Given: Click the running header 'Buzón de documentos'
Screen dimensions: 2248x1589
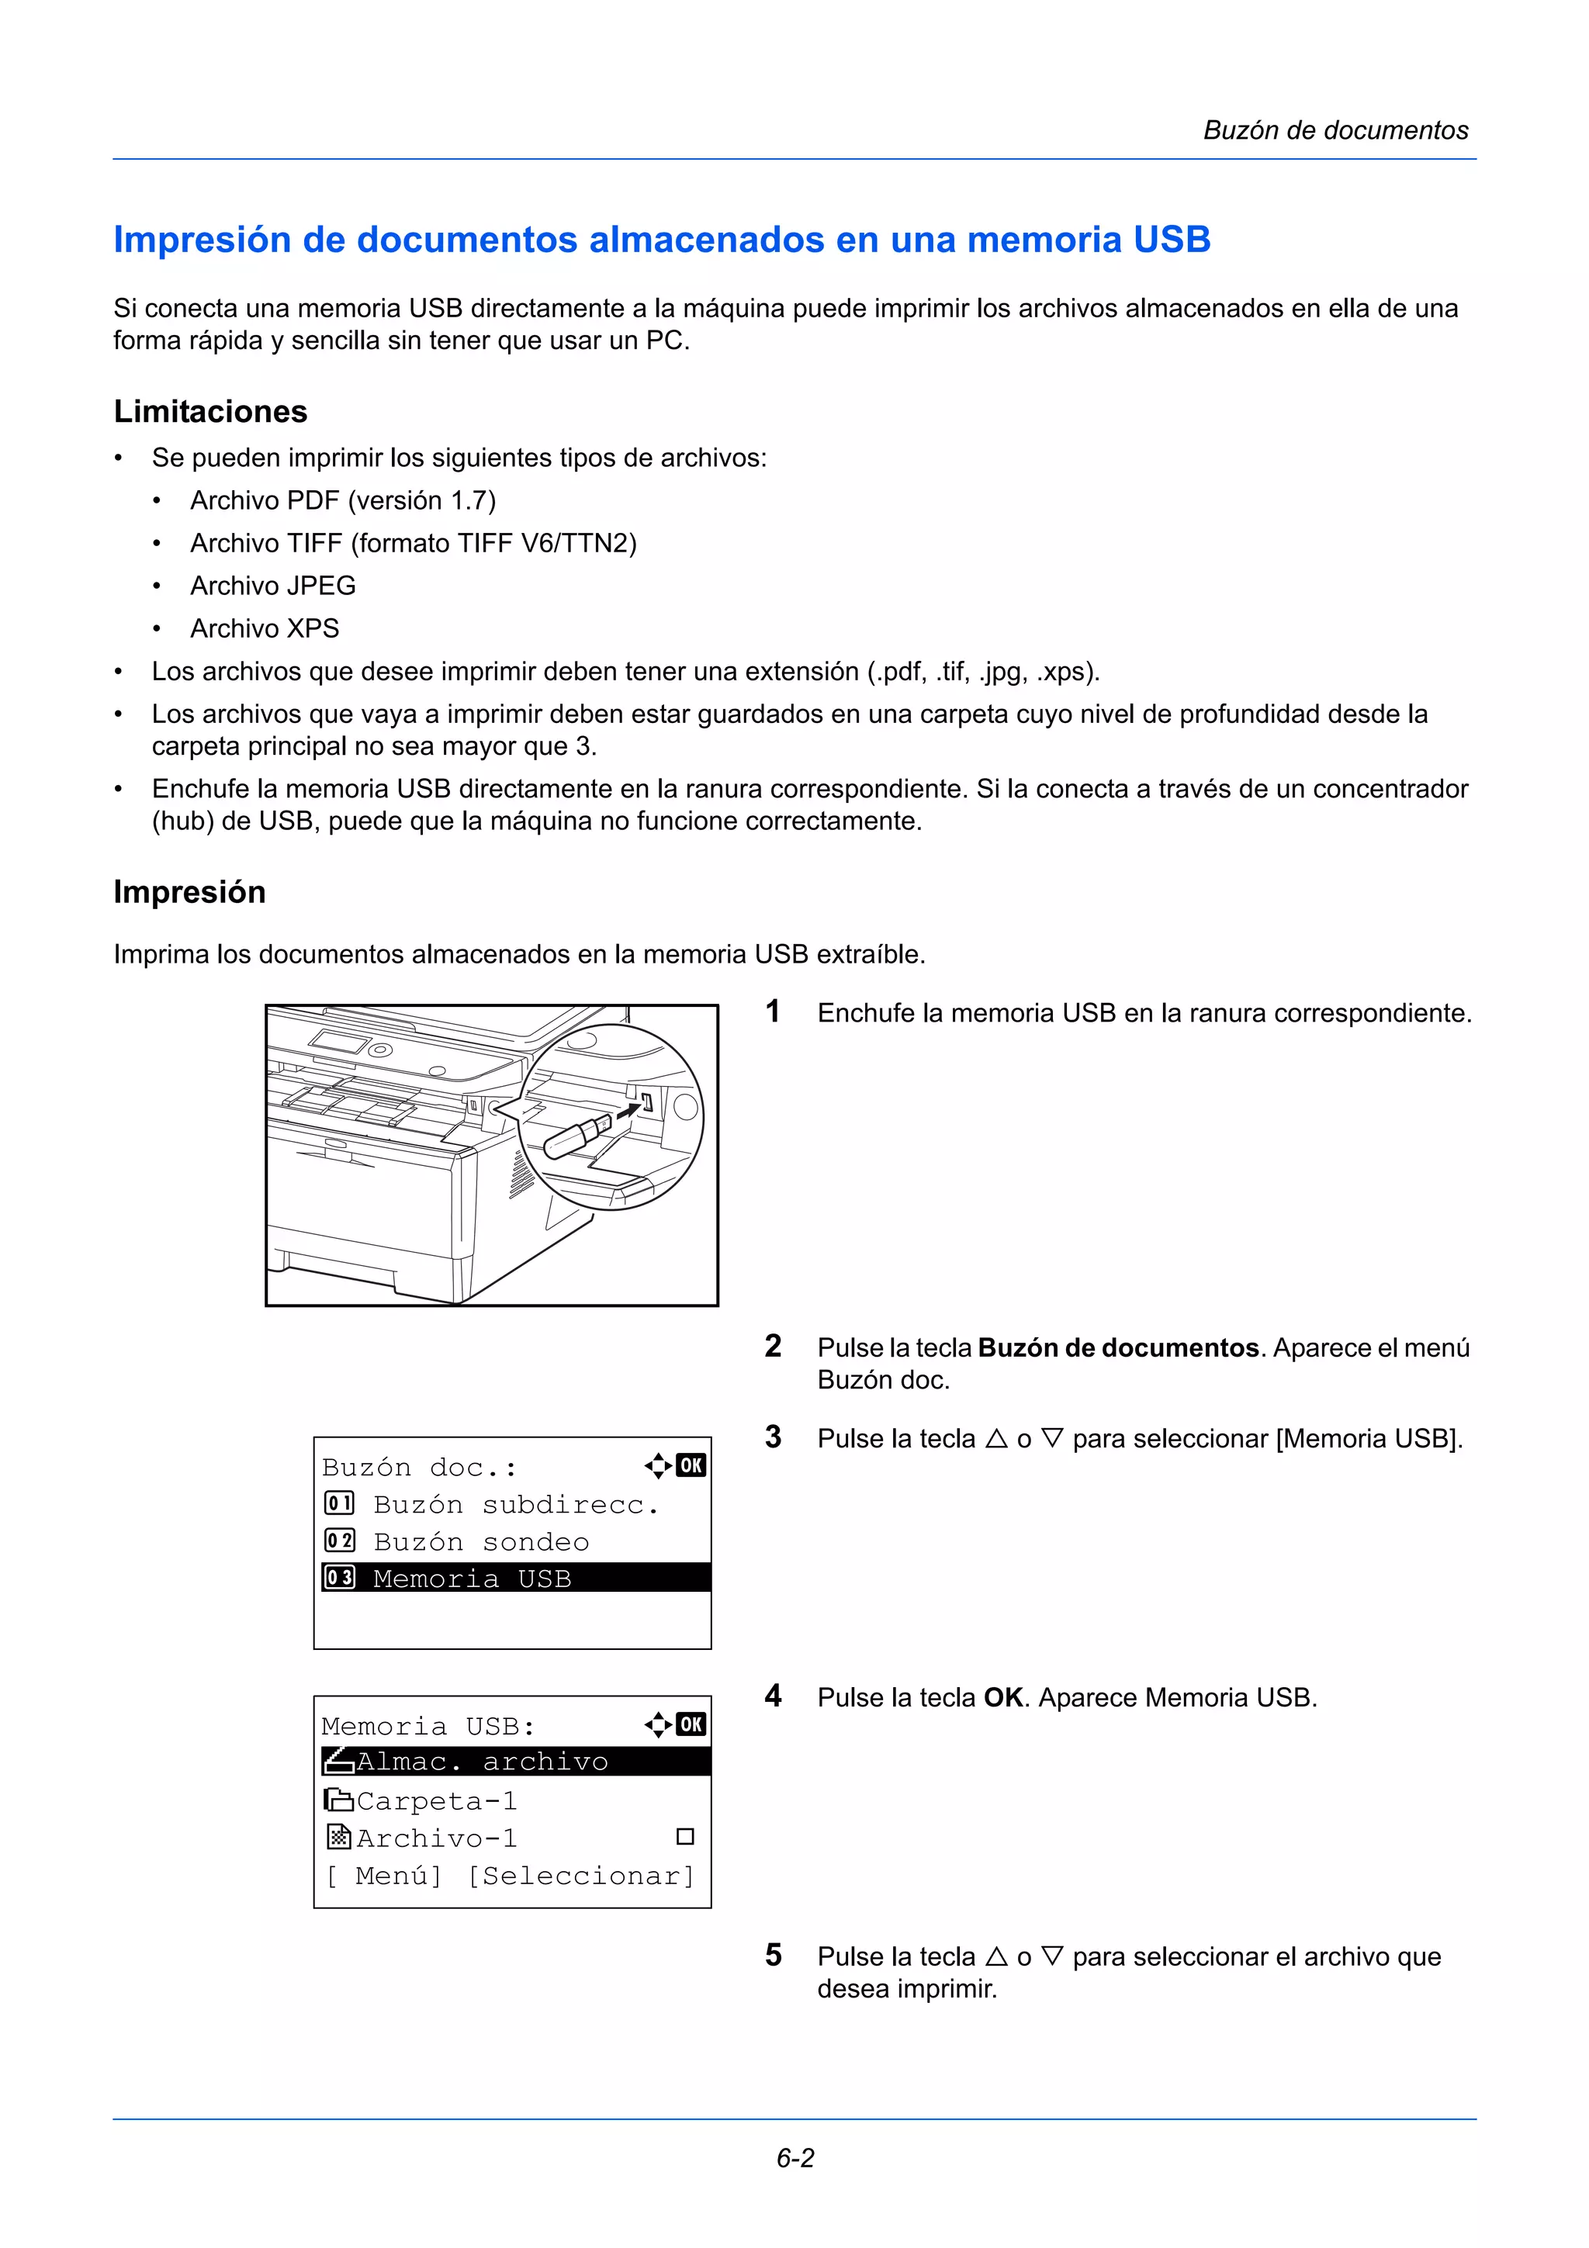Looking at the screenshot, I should (1335, 130).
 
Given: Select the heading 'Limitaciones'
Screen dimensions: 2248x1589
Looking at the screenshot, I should (210, 411).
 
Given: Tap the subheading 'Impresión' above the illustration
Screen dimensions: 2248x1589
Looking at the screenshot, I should (189, 892).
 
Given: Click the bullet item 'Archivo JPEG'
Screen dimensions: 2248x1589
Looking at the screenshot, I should (272, 586).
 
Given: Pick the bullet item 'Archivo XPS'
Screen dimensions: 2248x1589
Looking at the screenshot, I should (265, 628).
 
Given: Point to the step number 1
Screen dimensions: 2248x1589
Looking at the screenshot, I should (773, 1012).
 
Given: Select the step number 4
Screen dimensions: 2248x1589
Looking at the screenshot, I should (773, 1696).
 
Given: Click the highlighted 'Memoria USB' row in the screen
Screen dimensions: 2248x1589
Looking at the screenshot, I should (515, 1579).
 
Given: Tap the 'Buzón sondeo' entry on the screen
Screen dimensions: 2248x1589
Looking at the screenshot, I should (481, 1542).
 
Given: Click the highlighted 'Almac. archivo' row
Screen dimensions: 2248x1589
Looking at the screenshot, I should (515, 1762).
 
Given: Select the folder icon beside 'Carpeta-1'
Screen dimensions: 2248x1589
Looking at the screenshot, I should (338, 1800).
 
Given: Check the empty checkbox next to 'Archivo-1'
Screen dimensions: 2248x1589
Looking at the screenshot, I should (685, 1837).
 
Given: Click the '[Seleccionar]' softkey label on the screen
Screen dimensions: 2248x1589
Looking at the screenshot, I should (580, 1876).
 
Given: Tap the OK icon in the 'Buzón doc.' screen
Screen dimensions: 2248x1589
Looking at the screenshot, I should (691, 1466).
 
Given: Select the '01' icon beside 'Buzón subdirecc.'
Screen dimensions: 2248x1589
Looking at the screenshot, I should (339, 1503).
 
